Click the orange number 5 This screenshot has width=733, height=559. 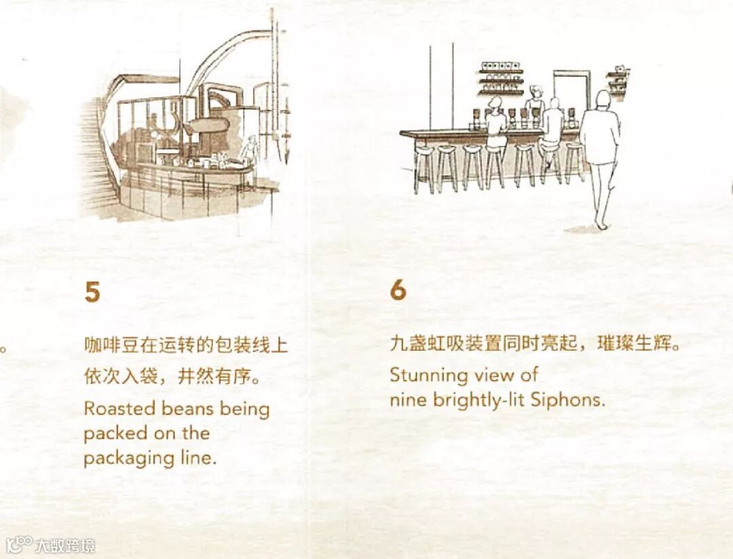pyautogui.click(x=92, y=292)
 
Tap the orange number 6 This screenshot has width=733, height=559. pyautogui.click(x=398, y=290)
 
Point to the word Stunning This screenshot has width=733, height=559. pyautogui.click(x=428, y=375)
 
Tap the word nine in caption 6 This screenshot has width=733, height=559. pyautogui.click(x=407, y=400)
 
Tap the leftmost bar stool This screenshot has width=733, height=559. pyautogui.click(x=424, y=166)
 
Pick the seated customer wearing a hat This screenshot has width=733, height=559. pyautogui.click(x=495, y=119)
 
